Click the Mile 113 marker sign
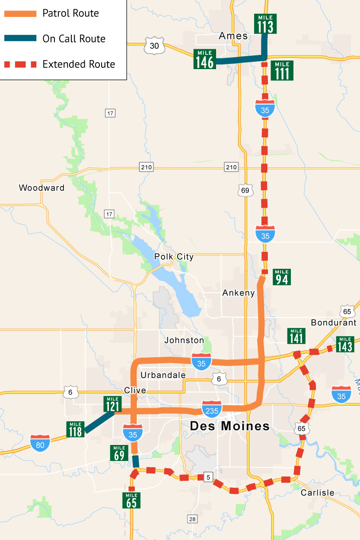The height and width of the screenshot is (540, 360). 265,24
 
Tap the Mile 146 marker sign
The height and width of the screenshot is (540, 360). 205,60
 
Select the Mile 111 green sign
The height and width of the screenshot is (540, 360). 282,70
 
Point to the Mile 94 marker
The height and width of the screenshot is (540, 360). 282,277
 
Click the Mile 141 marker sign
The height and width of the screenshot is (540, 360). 296,336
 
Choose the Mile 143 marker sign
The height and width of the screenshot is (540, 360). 344,344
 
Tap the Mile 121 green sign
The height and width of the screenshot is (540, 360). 112,404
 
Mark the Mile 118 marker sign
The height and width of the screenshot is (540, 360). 75,429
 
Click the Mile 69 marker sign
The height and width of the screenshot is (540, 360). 119,453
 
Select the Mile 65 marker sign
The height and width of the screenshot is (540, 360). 131,500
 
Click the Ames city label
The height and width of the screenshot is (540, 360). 233,36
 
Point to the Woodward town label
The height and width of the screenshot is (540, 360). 41,188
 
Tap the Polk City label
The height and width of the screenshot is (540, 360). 174,257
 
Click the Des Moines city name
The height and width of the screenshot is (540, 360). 230,426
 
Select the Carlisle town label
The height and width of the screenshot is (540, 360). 318,492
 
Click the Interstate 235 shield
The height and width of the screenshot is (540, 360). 212,409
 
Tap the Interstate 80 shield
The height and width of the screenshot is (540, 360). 40,443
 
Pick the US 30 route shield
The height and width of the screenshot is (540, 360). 154,46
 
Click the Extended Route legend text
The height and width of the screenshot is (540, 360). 79,64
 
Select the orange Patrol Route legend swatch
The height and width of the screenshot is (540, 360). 20,13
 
